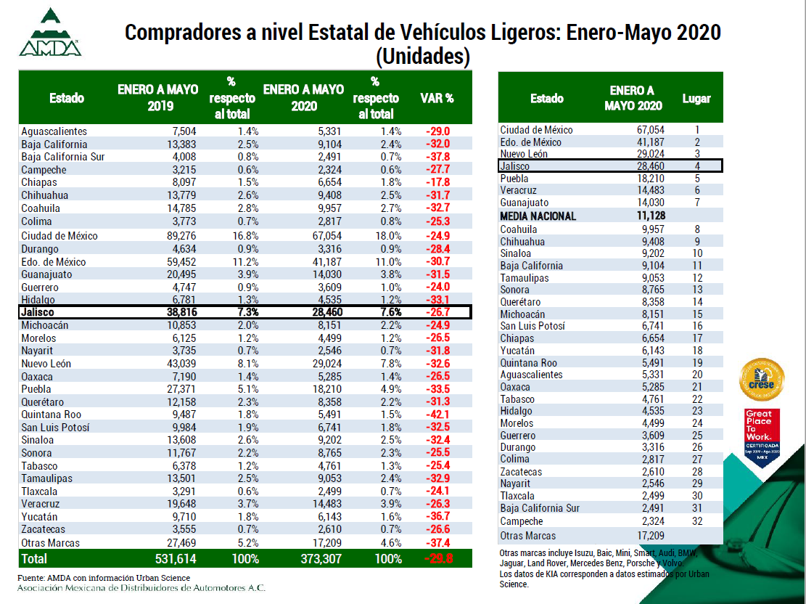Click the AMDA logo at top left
50,33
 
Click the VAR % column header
437,99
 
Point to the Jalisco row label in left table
38,312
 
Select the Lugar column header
696,99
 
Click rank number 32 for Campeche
696,521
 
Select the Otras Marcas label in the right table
528,536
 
